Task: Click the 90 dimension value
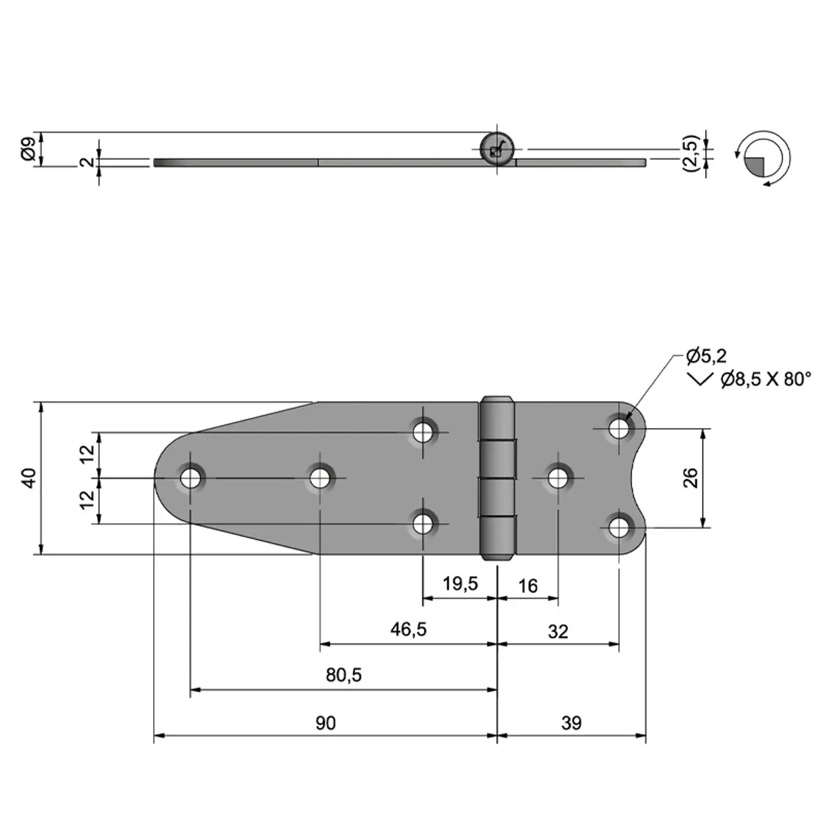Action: pyautogui.click(x=326, y=723)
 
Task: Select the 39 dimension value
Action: pyautogui.click(x=571, y=723)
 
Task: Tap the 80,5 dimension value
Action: pyautogui.click(x=344, y=675)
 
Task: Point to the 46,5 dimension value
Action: pyautogui.click(x=409, y=630)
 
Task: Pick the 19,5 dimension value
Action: pyautogui.click(x=460, y=584)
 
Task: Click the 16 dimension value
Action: pyautogui.click(x=527, y=586)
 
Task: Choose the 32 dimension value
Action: pyautogui.click(x=558, y=631)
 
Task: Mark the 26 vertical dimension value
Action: pyautogui.click(x=691, y=478)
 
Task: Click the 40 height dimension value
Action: pyautogui.click(x=28, y=478)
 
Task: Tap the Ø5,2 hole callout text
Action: pyautogui.click(x=706, y=356)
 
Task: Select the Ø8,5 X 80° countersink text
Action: pyautogui.click(x=765, y=379)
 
